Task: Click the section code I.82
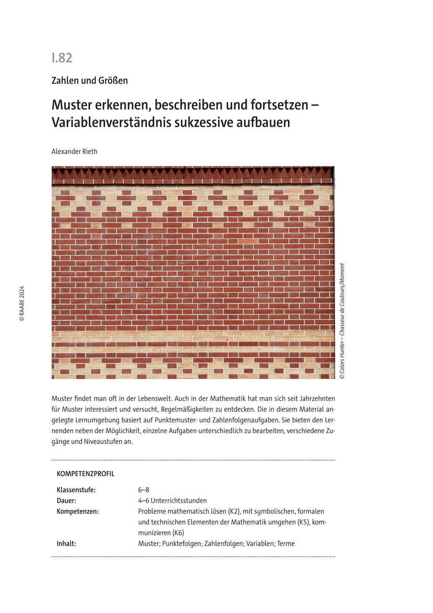(62, 58)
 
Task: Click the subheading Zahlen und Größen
(89, 80)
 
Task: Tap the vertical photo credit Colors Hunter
(342, 357)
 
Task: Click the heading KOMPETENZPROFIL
(85, 474)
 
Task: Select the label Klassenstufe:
(76, 490)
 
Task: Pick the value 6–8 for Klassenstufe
(143, 490)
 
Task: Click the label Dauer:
(66, 501)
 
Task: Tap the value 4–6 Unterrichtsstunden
(172, 501)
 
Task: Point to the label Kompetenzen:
(78, 511)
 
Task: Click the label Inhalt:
(66, 544)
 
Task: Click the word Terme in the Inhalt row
(285, 544)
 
